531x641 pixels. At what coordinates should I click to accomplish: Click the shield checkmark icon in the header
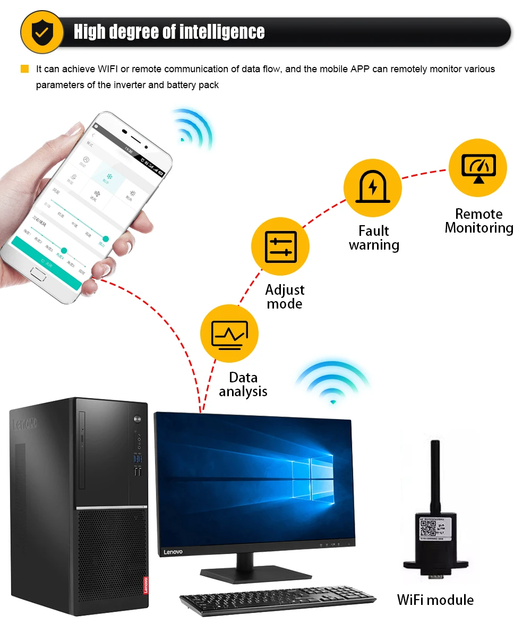41,32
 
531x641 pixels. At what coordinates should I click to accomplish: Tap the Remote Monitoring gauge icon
478,168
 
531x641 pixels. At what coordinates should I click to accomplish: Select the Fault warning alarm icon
373,188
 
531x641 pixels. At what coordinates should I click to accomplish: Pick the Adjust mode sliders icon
280,246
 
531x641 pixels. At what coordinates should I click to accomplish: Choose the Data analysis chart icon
229,334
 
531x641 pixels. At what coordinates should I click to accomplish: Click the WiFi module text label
435,600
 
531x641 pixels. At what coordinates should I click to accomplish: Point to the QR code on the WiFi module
429,529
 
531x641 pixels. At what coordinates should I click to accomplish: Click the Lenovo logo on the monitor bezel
173,552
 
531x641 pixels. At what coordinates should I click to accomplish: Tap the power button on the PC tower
139,420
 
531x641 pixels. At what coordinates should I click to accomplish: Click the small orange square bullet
24,69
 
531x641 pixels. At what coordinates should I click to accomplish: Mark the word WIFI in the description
109,69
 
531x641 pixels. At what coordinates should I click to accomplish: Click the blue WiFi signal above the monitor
333,385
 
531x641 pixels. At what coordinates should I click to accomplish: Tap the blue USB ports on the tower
138,457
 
